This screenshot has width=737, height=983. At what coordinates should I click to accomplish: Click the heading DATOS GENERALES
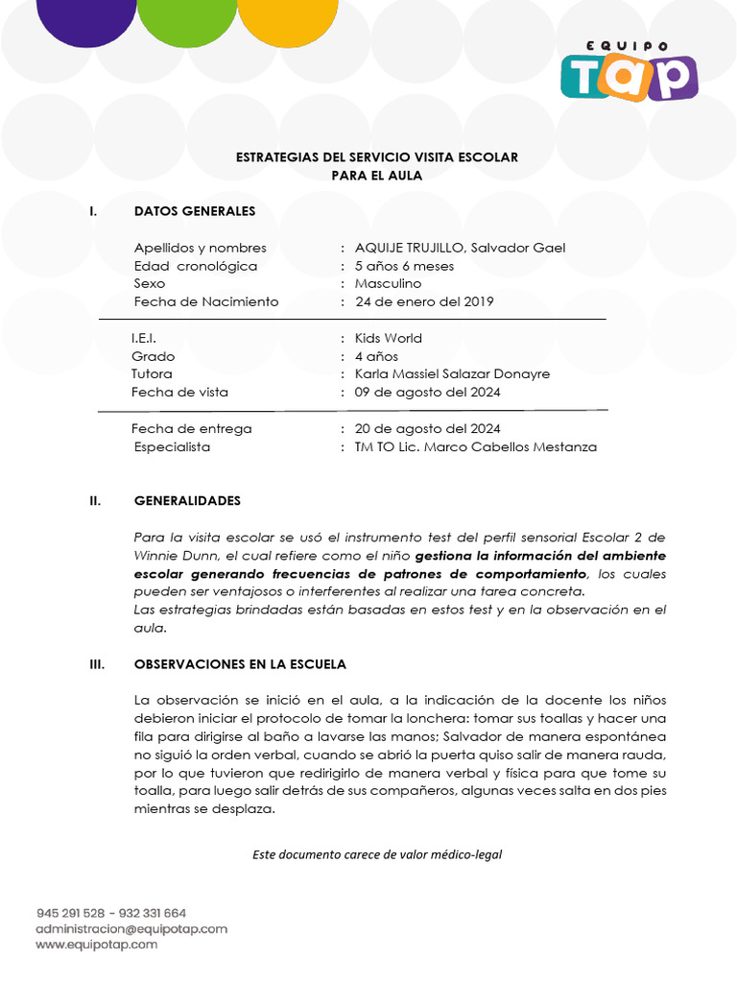[x=195, y=211]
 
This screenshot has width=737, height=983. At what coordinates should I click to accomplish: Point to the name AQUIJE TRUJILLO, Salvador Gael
[x=460, y=248]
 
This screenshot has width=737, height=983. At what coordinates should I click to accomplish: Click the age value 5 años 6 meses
[x=404, y=266]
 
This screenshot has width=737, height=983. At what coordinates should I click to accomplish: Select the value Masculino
[x=388, y=283]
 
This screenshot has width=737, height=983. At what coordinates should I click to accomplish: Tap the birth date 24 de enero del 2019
[x=424, y=301]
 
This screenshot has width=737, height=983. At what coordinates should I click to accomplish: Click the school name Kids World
[x=388, y=338]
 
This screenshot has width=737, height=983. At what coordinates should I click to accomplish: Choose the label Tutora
[x=152, y=373]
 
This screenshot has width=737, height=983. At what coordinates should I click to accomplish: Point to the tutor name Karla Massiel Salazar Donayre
[x=452, y=373]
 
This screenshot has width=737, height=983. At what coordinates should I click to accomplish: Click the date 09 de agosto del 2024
[x=427, y=392]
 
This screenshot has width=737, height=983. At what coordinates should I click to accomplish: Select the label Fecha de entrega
[x=191, y=428]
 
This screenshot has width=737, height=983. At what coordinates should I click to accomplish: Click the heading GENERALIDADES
[x=187, y=501]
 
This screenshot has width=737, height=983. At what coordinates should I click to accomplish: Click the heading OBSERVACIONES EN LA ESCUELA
[x=240, y=664]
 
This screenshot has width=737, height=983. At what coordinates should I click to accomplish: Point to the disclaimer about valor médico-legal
[x=377, y=854]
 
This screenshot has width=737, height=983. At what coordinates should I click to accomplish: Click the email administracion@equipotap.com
[x=131, y=929]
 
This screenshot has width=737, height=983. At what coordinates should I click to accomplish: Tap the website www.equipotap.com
[x=97, y=945]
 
